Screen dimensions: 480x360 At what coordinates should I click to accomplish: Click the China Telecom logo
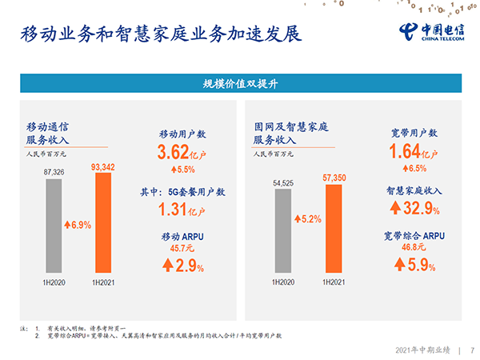[x=432, y=32]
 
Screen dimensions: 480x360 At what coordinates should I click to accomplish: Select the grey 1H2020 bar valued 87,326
[x=54, y=226]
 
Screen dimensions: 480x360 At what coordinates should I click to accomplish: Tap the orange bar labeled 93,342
[x=103, y=222]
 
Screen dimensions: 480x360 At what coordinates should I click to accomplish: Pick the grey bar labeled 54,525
[x=283, y=230]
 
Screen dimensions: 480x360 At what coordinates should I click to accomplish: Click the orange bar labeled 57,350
[x=334, y=228]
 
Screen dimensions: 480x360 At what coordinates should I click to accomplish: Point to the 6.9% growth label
[x=78, y=225]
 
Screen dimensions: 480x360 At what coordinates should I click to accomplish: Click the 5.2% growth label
[x=308, y=219]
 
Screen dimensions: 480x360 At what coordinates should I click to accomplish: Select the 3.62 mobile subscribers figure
[x=174, y=152]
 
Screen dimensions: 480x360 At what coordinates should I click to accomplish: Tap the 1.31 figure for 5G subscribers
[x=172, y=210]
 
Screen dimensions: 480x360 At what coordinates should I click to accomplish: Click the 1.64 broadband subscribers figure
[x=405, y=151]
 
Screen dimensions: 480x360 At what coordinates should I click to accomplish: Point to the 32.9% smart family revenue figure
[x=414, y=208]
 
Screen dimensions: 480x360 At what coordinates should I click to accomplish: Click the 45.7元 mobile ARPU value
[x=182, y=248]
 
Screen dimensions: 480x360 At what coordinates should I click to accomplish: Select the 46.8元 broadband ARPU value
[x=414, y=246]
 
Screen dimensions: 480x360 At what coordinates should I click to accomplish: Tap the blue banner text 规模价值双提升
[x=240, y=83]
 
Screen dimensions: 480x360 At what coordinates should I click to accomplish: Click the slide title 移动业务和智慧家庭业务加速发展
[x=161, y=34]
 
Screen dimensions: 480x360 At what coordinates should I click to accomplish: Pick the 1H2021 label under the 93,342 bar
[x=103, y=282]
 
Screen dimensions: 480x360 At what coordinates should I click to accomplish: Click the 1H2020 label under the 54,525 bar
[x=283, y=282]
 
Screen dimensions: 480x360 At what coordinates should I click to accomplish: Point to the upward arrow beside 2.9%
[x=168, y=265]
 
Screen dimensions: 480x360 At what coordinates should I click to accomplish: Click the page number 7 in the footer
[x=472, y=350]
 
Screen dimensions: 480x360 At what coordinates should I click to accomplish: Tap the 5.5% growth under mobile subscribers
[x=183, y=170]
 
